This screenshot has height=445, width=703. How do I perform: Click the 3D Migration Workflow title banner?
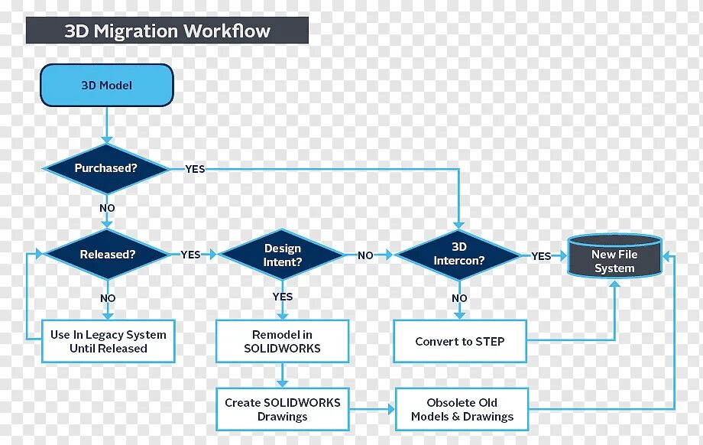[167, 31]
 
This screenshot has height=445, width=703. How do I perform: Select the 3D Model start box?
[107, 85]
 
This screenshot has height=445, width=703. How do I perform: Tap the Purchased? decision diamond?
[105, 168]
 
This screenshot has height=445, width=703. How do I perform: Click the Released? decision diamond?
[105, 255]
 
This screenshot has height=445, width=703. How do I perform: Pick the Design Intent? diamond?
[283, 255]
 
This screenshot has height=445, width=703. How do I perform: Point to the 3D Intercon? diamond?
[458, 255]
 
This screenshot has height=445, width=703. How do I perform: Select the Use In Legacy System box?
[108, 341]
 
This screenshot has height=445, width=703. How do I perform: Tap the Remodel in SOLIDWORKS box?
[282, 341]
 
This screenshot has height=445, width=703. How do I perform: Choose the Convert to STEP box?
[459, 341]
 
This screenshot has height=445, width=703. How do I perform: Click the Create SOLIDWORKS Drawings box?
[282, 409]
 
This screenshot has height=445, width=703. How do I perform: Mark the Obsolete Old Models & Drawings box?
[462, 409]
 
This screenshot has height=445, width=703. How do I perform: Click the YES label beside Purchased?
[195, 169]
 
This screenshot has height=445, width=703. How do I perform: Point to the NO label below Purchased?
[107, 208]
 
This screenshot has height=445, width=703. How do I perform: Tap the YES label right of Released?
[190, 255]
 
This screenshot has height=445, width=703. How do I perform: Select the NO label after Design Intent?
[366, 255]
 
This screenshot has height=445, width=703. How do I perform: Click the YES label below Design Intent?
[282, 297]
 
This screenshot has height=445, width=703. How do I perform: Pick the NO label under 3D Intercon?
[459, 298]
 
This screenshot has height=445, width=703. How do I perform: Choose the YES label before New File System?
[541, 256]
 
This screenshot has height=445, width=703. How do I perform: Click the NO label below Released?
[108, 298]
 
